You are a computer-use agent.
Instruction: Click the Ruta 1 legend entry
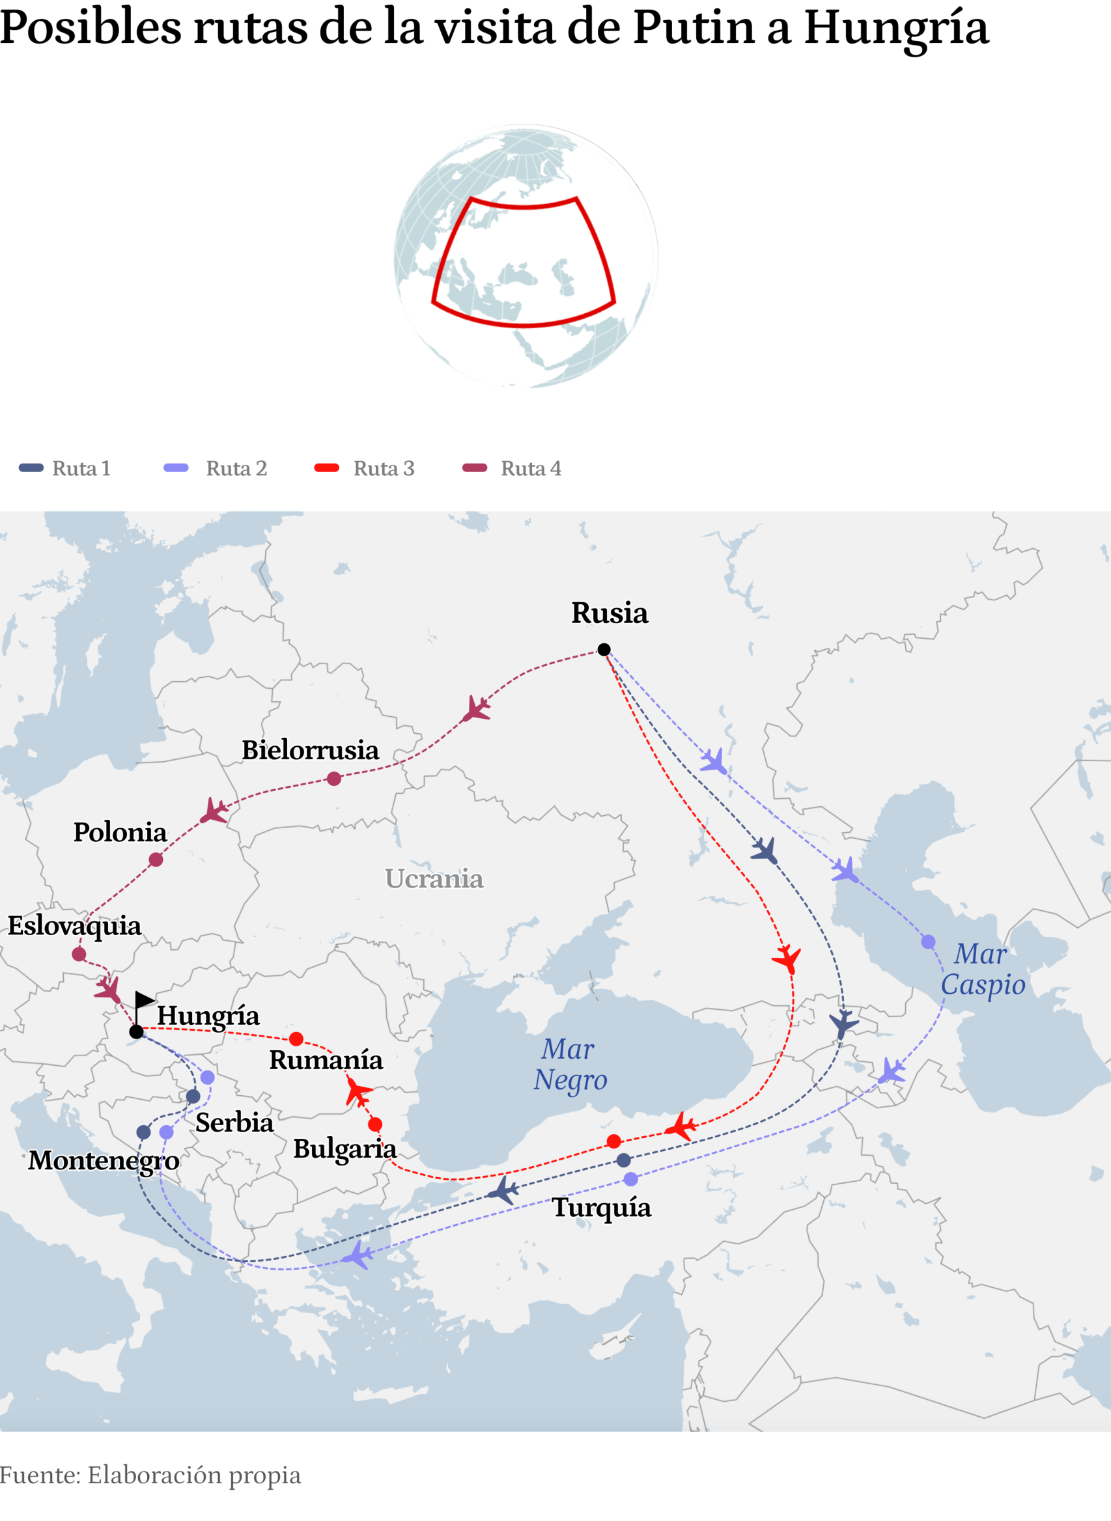64,468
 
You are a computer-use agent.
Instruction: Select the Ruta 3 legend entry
365,468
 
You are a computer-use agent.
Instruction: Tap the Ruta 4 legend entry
513,468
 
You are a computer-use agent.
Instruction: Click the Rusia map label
610,613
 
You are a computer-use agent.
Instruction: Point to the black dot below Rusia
604,650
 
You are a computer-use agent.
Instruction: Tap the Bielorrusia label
310,749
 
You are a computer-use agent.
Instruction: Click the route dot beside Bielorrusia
333,779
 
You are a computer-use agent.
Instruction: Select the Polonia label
120,833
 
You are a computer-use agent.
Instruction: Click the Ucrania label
434,879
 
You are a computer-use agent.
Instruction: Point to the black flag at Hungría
143,1000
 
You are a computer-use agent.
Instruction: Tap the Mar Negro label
570,1064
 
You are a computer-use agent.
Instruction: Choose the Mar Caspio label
983,969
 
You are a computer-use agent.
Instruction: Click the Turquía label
601,1208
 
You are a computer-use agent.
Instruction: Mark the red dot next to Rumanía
296,1039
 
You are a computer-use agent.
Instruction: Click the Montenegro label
104,1160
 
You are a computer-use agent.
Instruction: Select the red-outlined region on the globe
523,262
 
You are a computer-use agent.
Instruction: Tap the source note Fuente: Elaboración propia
150,1475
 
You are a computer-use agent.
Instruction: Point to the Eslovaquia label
74,926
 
